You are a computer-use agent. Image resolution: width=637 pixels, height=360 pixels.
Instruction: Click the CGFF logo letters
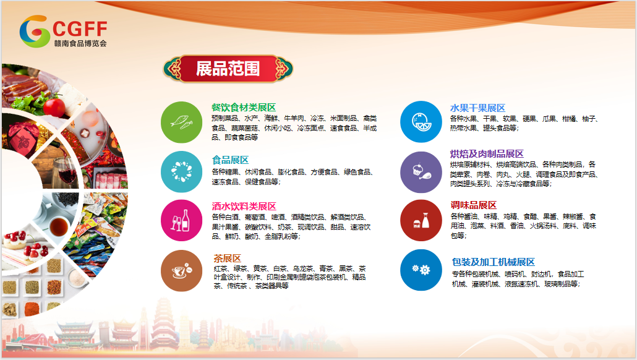click(80, 29)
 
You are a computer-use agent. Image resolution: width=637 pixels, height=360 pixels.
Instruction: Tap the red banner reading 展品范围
click(228, 69)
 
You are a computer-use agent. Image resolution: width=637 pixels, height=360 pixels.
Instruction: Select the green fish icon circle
click(182, 122)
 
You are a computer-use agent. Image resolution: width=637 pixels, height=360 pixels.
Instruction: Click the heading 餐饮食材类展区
click(244, 108)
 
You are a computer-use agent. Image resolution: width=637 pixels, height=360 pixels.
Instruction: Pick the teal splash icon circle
click(182, 171)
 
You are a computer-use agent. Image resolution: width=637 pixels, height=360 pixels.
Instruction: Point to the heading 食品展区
click(230, 160)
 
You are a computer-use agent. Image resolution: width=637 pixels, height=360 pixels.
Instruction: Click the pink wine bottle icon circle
click(182, 221)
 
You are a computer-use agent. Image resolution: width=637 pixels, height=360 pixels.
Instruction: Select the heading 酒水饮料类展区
click(244, 207)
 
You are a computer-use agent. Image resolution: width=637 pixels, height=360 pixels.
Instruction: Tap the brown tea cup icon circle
click(182, 270)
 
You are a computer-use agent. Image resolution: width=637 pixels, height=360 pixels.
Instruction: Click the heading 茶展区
click(228, 259)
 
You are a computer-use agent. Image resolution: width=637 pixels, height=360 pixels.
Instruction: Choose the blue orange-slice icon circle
click(421, 122)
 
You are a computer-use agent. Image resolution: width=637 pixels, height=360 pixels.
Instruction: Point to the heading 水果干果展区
click(477, 108)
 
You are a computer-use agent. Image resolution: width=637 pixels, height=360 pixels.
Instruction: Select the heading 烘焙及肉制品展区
click(487, 154)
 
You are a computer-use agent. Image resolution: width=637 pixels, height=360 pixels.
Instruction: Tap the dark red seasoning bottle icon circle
click(421, 221)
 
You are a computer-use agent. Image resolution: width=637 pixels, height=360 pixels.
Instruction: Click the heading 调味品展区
click(474, 205)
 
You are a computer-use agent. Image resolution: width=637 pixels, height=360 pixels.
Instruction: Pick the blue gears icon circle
click(421, 270)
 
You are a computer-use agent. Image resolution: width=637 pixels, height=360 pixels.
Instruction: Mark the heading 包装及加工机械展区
click(494, 262)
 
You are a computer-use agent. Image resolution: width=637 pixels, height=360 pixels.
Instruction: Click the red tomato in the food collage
click(54, 107)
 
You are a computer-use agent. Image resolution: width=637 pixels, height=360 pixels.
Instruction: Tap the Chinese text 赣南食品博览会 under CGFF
click(80, 43)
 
